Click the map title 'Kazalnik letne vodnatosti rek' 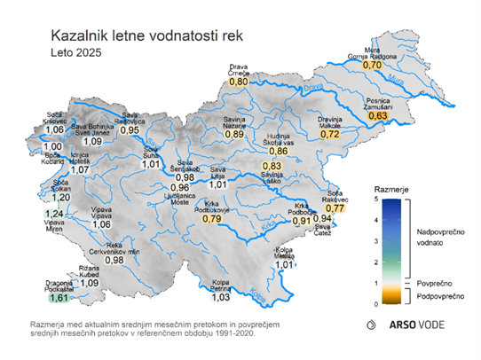(146, 37)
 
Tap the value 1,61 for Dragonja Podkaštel (59, 298)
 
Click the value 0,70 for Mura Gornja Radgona (373, 65)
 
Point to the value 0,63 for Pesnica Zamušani (379, 116)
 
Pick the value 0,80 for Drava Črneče (239, 81)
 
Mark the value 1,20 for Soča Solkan (59, 197)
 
